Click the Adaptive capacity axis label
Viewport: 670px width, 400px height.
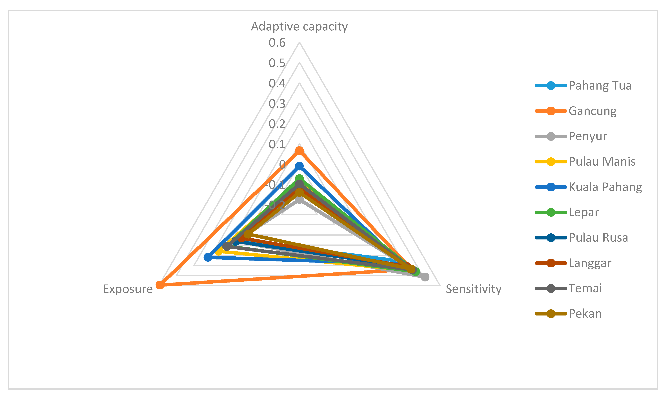coord(299,26)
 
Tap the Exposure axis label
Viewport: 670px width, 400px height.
coord(128,289)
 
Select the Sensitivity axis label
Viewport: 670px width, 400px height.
coord(474,289)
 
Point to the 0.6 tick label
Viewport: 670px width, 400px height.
coord(277,43)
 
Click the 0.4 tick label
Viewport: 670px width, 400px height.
coord(277,83)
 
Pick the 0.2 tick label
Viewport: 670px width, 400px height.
coord(277,124)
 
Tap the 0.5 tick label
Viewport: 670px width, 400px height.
coord(277,63)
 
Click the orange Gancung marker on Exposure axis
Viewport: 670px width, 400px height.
coord(160,285)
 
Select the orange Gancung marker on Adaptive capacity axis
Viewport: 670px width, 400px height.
coord(299,151)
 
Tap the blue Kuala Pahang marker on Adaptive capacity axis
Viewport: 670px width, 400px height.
coord(299,166)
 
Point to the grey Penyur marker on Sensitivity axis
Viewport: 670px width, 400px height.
coord(425,277)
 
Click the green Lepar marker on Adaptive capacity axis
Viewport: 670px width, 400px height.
coord(299,178)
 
